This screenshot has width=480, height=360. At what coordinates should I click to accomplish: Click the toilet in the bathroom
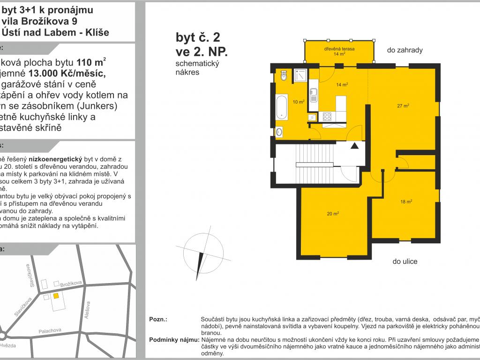pyautogui.click(x=283, y=75)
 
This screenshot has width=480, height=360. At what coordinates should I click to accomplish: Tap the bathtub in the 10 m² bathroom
pyautogui.click(x=282, y=106)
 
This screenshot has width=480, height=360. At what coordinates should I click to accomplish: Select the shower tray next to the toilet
pyautogui.click(x=300, y=75)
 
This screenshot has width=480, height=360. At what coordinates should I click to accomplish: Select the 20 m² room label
pyautogui.click(x=333, y=214)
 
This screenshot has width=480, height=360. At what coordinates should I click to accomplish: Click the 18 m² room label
pyautogui.click(x=406, y=202)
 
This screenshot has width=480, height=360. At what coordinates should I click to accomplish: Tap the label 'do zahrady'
pyautogui.click(x=405, y=50)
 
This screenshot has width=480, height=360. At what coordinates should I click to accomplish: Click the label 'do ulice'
pyautogui.click(x=405, y=262)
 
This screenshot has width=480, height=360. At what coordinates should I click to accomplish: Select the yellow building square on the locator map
pyautogui.click(x=56, y=296)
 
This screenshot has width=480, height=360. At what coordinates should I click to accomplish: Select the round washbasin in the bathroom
pyautogui.click(x=280, y=132)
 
